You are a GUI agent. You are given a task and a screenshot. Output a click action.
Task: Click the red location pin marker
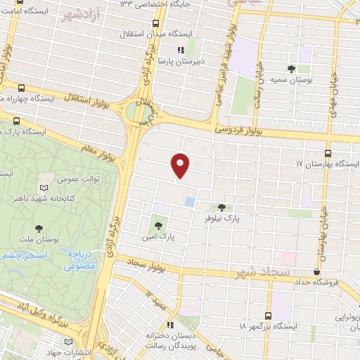pos(181,165)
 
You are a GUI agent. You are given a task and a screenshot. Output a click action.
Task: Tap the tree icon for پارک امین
pos(159,226)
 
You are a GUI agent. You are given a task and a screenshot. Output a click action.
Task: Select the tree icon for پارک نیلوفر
pos(223,207)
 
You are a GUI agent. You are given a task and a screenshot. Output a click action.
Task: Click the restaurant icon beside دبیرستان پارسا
pos(179,49)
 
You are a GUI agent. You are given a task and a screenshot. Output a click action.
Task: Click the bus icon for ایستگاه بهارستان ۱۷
pos(328,153)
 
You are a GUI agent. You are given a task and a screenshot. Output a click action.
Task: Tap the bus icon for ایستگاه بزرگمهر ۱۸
pos(268,316)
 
